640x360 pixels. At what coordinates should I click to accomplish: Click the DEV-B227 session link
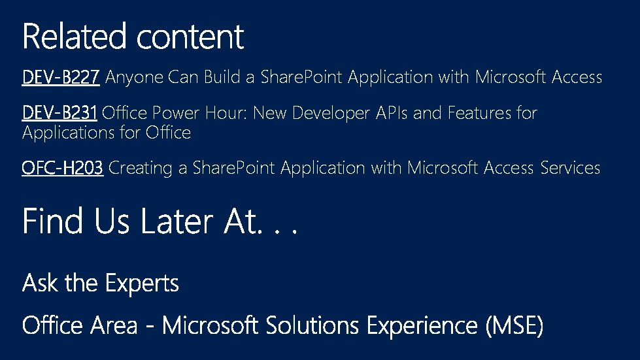[x=61, y=78]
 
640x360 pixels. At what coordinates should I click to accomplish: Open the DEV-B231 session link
[x=59, y=114]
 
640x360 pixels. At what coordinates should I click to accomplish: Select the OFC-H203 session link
[x=63, y=169]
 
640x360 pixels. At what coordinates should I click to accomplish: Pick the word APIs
[x=392, y=114]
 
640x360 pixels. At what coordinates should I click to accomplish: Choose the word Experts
[x=143, y=284]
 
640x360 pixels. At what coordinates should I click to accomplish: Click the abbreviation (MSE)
[x=514, y=325]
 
